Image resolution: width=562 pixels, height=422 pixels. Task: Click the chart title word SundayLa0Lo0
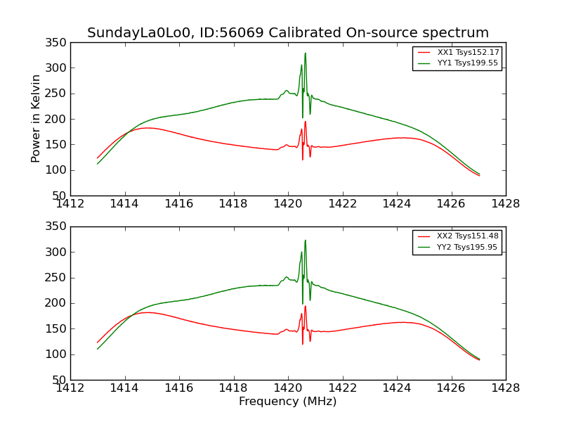pyautogui.click(x=133, y=33)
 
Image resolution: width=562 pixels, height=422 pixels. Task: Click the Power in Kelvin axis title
pyautogui.click(x=36, y=118)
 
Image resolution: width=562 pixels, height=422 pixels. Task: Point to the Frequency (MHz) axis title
pyautogui.click(x=287, y=402)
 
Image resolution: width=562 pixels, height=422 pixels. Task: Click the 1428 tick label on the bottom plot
pyautogui.click(x=505, y=388)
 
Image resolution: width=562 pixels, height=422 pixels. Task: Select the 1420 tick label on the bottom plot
pyautogui.click(x=287, y=388)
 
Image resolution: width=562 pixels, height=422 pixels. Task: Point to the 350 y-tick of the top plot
pyautogui.click(x=58, y=43)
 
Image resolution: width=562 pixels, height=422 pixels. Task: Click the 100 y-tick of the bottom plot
pyautogui.click(x=58, y=354)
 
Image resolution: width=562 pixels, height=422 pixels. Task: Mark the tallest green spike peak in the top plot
pyautogui.click(x=305, y=53)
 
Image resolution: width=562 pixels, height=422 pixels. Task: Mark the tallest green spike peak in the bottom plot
pyautogui.click(x=305, y=240)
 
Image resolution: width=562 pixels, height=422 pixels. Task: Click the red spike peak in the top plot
pyautogui.click(x=305, y=121)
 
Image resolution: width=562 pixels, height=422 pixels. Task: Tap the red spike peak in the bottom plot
pyautogui.click(x=305, y=306)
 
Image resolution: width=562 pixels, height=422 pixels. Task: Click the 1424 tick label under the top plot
pyautogui.click(x=396, y=203)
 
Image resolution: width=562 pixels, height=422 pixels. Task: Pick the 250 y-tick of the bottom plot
pyautogui.click(x=58, y=278)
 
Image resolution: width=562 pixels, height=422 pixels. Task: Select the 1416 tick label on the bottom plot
pyautogui.click(x=179, y=388)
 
